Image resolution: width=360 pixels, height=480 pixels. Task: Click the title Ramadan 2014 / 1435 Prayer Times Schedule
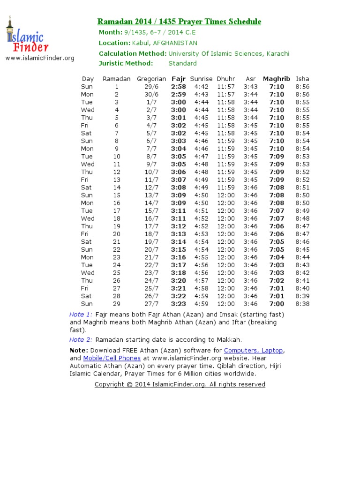point(179,22)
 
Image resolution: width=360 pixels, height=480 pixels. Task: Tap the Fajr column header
point(179,79)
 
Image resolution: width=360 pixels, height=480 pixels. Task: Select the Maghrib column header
point(277,79)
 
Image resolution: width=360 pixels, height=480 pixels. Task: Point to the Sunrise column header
point(201,79)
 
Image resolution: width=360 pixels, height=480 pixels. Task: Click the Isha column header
point(302,79)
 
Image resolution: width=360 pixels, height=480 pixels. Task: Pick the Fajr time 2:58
point(179,87)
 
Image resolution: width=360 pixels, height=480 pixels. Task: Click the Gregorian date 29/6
point(151,87)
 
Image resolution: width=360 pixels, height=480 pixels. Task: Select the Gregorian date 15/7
point(151,210)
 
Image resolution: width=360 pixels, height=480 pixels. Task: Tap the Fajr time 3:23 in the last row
point(179,304)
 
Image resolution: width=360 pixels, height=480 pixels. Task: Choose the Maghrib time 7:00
point(277,304)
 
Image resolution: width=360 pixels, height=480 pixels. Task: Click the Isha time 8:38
point(302,304)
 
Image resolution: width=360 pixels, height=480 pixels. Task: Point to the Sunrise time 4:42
point(201,87)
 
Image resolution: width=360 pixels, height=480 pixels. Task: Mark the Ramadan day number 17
point(117,210)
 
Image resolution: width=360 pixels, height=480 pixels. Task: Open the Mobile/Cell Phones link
point(112,358)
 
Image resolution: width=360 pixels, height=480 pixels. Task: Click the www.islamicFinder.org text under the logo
point(40,58)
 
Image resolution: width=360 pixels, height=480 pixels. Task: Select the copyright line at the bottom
point(180,384)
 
